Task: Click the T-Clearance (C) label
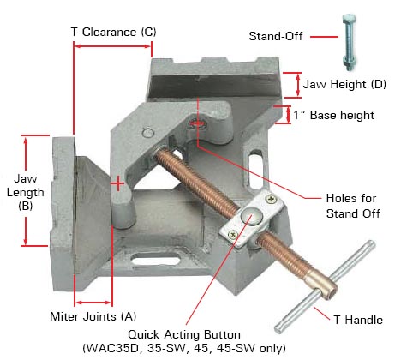[113, 32]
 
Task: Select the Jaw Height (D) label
[343, 84]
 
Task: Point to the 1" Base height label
[337, 115]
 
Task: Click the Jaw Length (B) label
[25, 193]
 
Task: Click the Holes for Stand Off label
[344, 206]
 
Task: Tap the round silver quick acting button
[251, 216]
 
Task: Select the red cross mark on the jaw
[117, 183]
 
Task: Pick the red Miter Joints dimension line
[93, 302]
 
